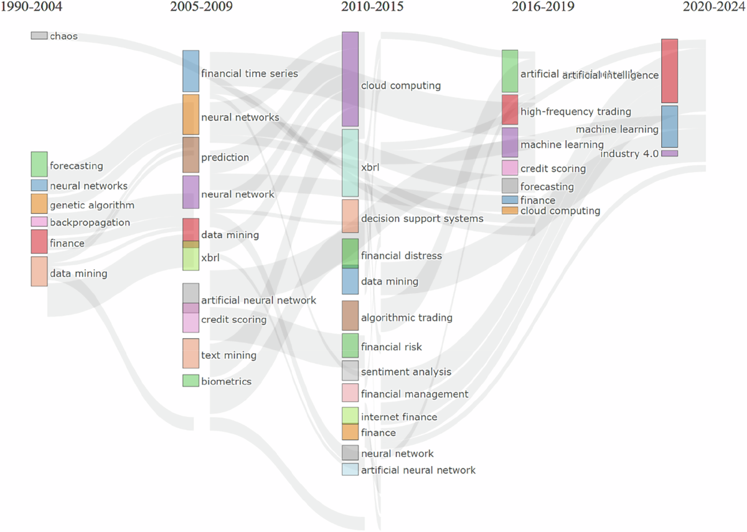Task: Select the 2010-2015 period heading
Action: (372, 7)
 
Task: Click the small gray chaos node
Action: (39, 36)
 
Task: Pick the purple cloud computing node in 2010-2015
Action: (350, 79)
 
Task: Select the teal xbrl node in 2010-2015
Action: (350, 163)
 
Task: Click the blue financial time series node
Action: (190, 71)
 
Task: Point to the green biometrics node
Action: (190, 380)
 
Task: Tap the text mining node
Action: (190, 353)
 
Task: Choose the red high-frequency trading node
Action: (510, 110)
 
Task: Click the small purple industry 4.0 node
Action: (669, 153)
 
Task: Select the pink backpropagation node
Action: (39, 222)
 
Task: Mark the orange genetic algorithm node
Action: (39, 204)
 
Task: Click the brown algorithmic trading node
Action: (350, 315)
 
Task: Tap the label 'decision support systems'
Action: (422, 219)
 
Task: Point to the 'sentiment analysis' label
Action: (406, 372)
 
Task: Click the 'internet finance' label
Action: (399, 417)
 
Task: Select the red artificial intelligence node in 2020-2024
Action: (669, 70)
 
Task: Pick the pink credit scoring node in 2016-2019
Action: (510, 168)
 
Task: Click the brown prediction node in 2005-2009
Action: (190, 154)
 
